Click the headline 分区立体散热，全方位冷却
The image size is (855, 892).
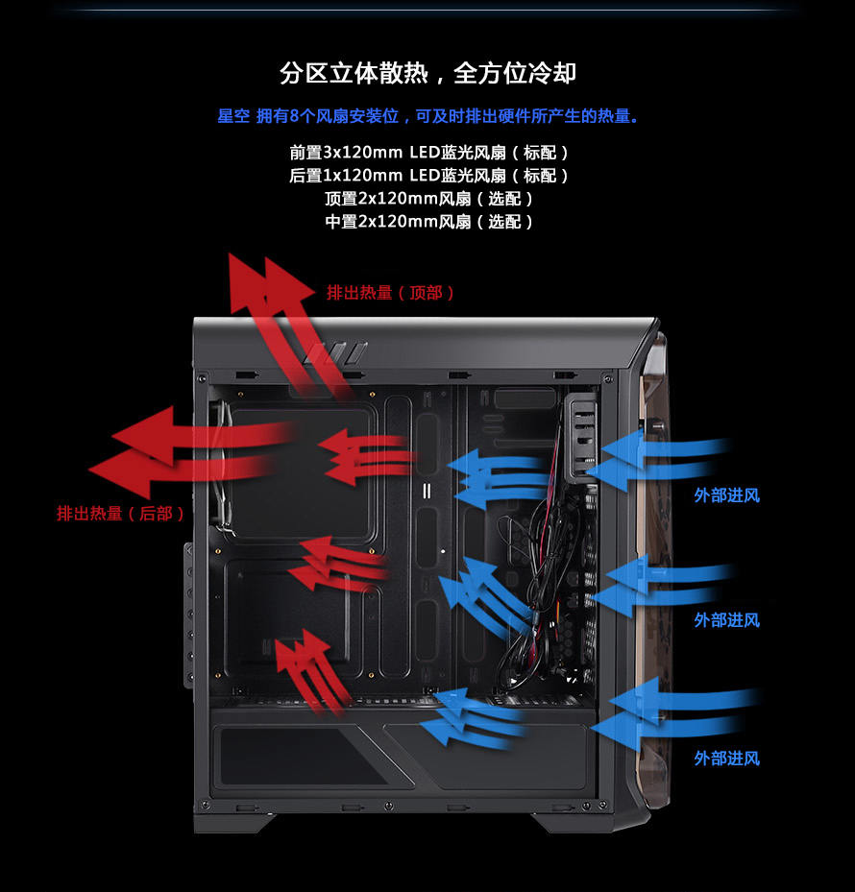(427, 73)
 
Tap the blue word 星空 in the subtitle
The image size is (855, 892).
(233, 116)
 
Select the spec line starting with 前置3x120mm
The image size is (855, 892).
(428, 153)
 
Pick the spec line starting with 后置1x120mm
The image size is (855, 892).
(428, 175)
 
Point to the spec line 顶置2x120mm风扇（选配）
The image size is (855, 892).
(428, 199)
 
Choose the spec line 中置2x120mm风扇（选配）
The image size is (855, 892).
(428, 221)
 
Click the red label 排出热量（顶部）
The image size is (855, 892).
(390, 293)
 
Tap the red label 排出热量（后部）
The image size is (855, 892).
(121, 514)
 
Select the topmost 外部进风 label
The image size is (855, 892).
(727, 495)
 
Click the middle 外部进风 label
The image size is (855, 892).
(727, 620)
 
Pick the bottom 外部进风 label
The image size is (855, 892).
(727, 759)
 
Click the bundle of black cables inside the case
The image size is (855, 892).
(541, 586)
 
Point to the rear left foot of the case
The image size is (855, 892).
(233, 823)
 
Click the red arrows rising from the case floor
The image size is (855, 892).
(310, 671)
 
